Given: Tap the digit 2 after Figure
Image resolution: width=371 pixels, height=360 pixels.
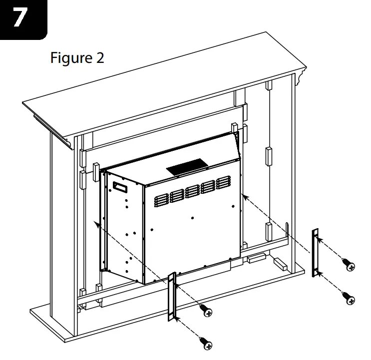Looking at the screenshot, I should [100, 58].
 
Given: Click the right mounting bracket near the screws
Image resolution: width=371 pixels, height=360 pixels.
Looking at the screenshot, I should [315, 253].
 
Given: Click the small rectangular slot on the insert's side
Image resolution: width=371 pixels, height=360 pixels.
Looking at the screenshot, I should [120, 187].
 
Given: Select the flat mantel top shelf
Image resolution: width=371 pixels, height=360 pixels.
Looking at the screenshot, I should [165, 80].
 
